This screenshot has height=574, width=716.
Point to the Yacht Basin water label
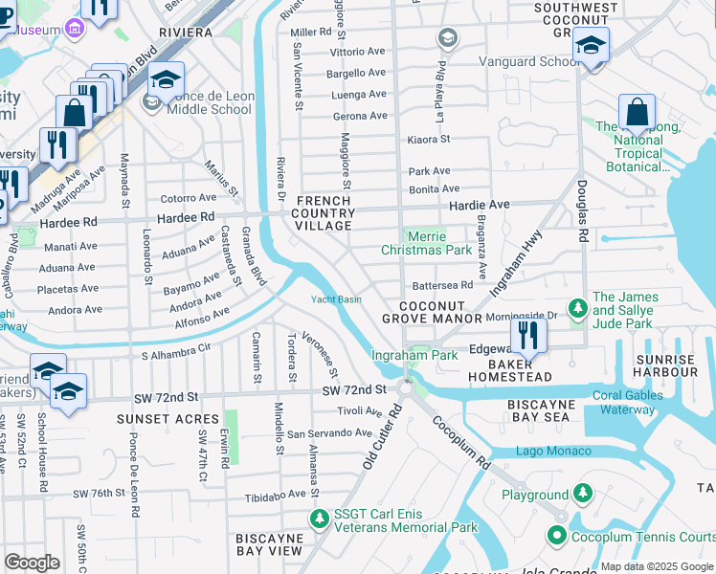pos(336,299)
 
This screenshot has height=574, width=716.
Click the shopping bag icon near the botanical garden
pos(637,113)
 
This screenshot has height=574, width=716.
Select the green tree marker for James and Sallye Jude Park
pos(577,309)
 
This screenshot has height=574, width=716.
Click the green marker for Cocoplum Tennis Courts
pos(555,537)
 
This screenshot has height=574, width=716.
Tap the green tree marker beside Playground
pos(582,495)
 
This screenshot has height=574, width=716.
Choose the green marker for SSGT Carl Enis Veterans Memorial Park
pos(319,518)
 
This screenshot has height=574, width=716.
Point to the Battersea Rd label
pos(441,285)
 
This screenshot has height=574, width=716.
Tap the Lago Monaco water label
pos(552,451)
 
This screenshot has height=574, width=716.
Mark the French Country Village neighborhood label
pos(324,213)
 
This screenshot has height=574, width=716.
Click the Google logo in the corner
pos(32,562)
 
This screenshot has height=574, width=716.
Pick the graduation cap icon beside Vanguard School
pos(591,46)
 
